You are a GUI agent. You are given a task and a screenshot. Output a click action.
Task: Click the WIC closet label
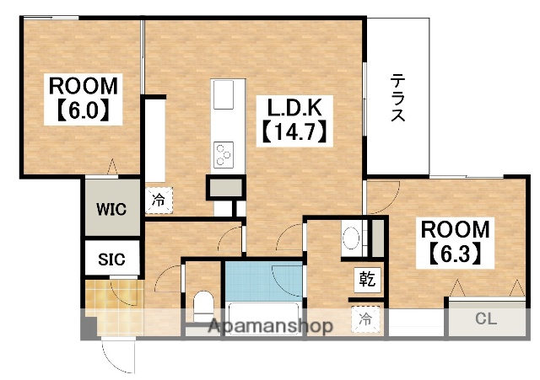coord(110,208)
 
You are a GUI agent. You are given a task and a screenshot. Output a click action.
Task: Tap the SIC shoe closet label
coord(110,259)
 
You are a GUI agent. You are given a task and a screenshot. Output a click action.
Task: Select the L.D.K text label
coord(295,108)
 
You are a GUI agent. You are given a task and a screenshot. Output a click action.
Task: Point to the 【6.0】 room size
coord(84,110)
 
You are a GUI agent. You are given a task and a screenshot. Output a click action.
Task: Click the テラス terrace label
coord(397,99)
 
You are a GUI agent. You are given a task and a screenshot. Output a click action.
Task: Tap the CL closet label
coord(485,318)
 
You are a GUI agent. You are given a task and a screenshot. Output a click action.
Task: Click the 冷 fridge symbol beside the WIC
coord(159,201)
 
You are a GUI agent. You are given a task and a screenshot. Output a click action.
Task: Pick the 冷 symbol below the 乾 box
coord(365,318)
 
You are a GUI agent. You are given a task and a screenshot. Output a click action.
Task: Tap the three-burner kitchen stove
coord(224,153)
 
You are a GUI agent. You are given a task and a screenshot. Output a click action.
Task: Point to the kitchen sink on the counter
coord(224,95)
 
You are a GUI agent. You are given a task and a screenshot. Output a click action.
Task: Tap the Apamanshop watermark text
coord(269,326)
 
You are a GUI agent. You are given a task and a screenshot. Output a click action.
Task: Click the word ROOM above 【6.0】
coord(84,86)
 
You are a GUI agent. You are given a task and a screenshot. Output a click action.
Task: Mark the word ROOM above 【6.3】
coord(455,228)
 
